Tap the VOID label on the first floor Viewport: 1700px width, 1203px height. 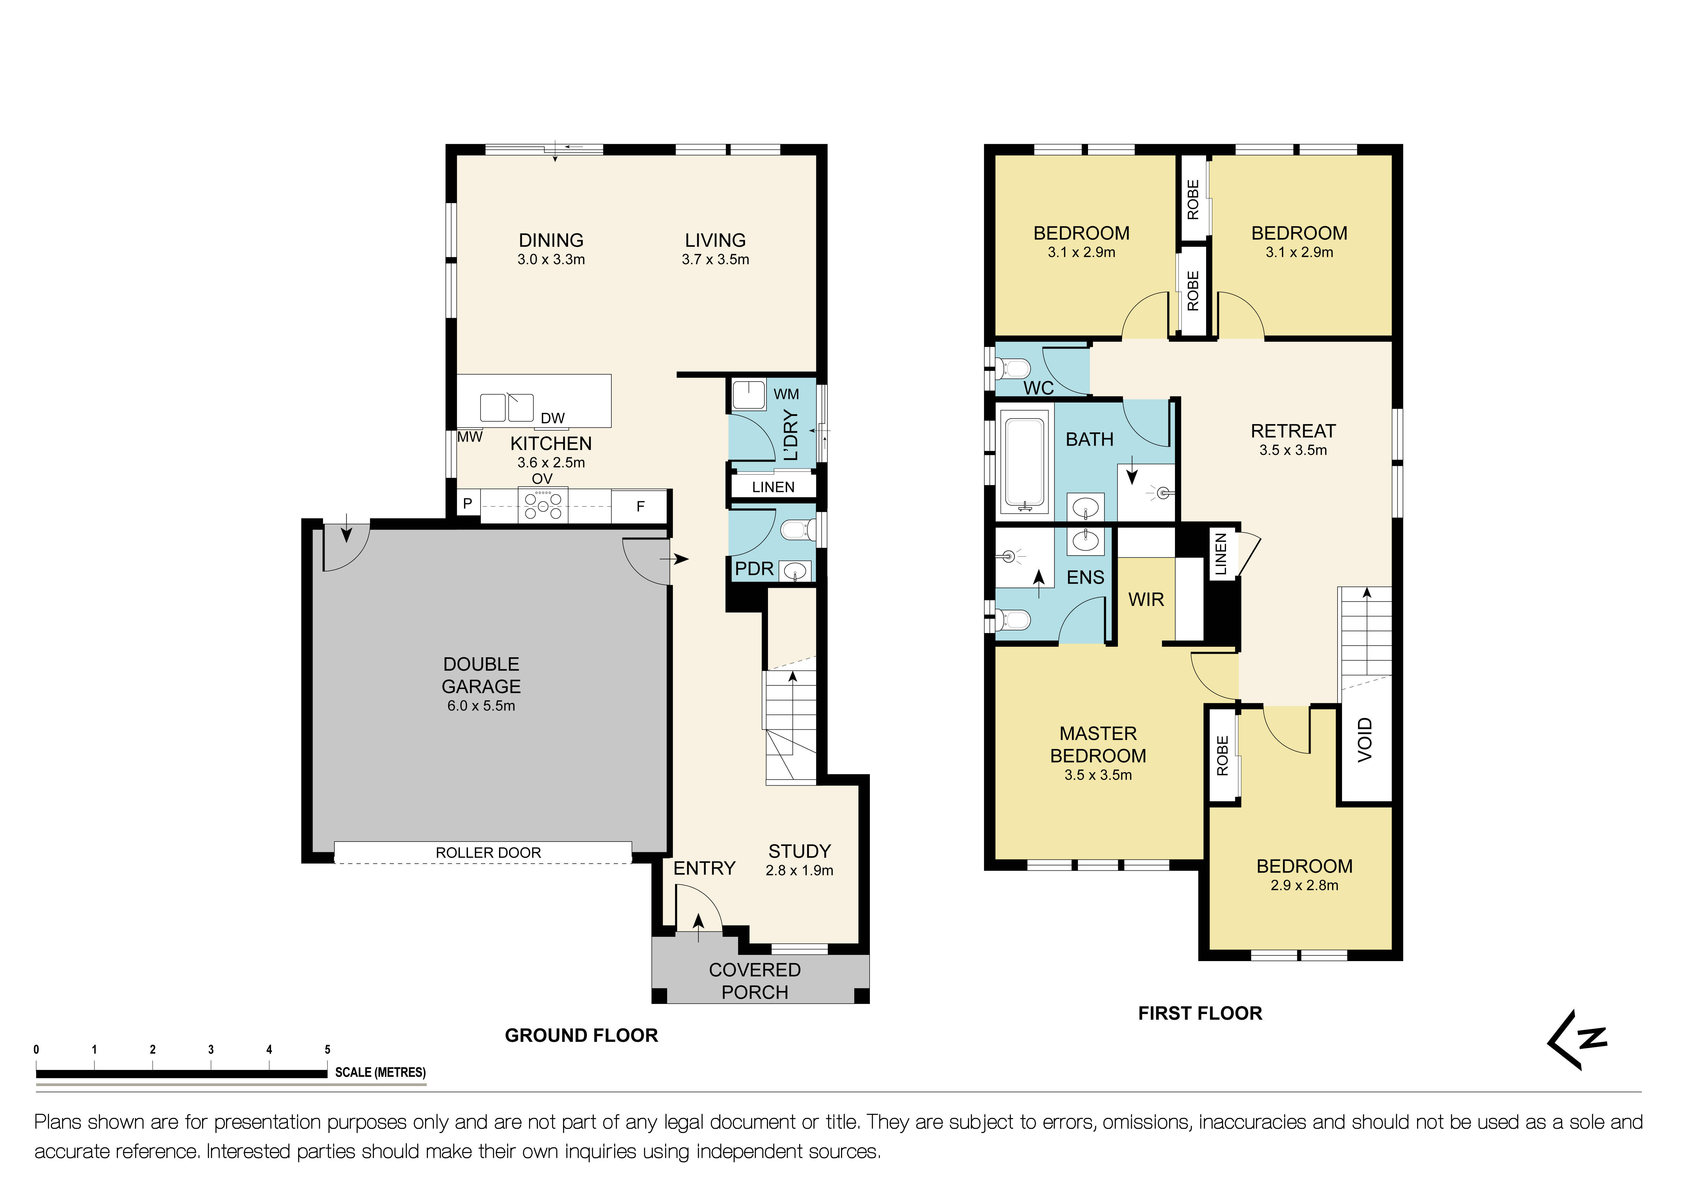pos(1365,739)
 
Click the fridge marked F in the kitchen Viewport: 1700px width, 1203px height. pos(640,507)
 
